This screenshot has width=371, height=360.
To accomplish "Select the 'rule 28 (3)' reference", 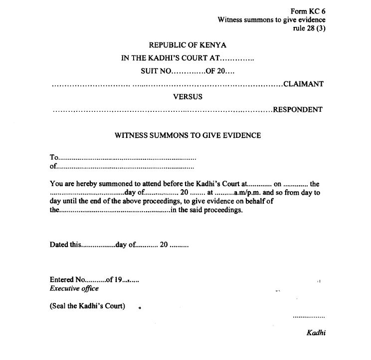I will (x=309, y=28).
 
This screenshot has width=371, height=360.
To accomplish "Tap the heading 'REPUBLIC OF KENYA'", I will (x=187, y=45).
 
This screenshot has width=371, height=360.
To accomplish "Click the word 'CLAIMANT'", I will (x=303, y=84).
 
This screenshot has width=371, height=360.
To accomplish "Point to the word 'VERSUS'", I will (x=187, y=97).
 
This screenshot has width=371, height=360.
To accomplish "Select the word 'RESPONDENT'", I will (x=298, y=110).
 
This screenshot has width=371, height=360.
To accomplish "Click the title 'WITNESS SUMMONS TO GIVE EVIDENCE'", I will (x=187, y=135).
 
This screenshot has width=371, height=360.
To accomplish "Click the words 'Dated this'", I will (x=65, y=245).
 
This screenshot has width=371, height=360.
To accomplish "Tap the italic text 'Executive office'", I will (x=74, y=289).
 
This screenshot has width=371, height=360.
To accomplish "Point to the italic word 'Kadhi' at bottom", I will (x=316, y=332).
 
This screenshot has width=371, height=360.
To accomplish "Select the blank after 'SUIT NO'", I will (x=189, y=71).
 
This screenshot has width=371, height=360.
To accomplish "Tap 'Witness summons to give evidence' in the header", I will (x=271, y=20).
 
